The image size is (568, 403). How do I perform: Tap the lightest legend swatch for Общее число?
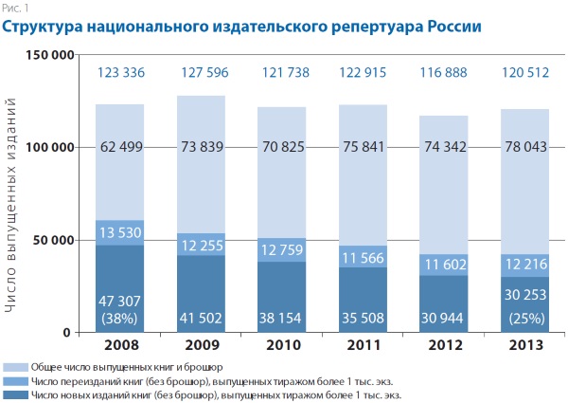click(x=14, y=366)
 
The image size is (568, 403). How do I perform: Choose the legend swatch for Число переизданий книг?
click(x=14, y=380)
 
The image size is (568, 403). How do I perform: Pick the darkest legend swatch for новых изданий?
click(x=14, y=394)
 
